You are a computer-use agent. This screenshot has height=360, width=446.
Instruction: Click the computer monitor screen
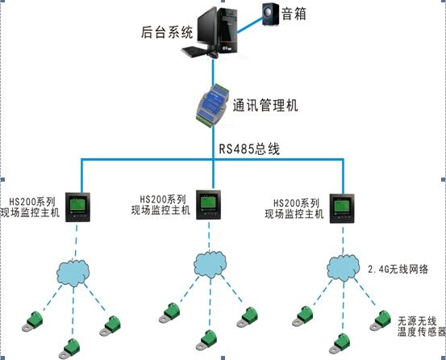pos(206,24)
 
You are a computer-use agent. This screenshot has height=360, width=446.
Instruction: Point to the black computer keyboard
pos(198,52)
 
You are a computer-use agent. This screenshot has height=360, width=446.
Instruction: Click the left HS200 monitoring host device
pos(77,206)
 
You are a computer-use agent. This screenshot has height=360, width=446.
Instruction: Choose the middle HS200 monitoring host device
pos(211,203)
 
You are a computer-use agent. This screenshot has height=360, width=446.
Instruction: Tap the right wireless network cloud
pos(342,267)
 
